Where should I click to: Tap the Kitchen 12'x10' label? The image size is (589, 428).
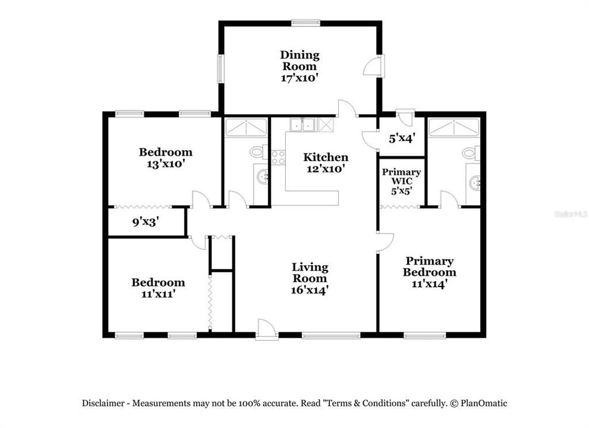[x=325, y=162]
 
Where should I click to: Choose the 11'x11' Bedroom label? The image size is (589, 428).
[x=158, y=288]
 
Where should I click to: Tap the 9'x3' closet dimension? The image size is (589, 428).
[x=145, y=222]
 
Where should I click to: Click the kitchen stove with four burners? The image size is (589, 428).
[x=278, y=157]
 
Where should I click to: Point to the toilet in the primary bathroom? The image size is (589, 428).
[x=470, y=153]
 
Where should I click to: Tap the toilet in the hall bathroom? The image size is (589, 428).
[x=258, y=153]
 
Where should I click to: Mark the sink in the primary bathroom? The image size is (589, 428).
[x=474, y=182]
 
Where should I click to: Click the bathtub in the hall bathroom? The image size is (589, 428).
[x=246, y=127]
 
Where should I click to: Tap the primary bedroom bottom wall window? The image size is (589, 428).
[x=424, y=335]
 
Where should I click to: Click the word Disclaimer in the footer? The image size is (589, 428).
[x=104, y=403]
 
